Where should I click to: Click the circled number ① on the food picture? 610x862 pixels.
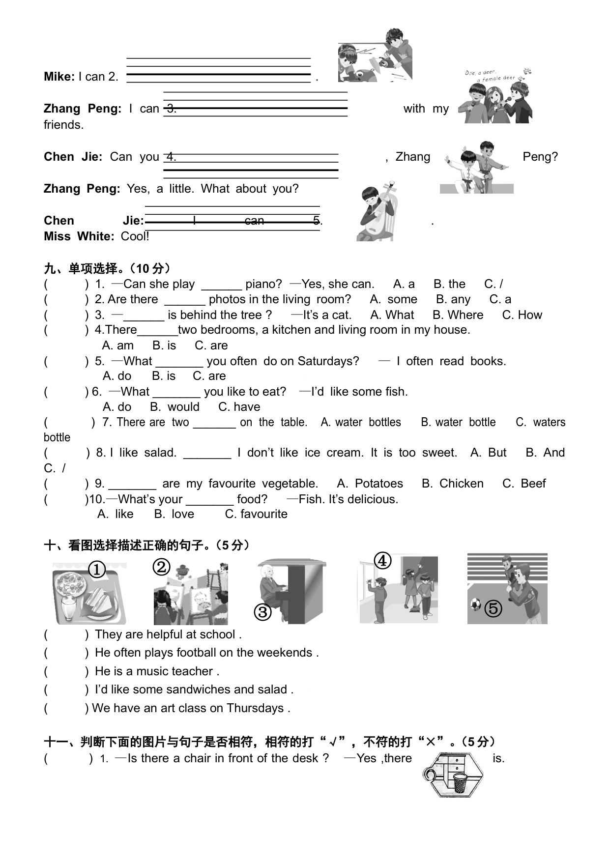97,570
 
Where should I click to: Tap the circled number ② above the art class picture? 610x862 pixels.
161,567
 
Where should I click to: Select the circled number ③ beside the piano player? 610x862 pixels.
262,612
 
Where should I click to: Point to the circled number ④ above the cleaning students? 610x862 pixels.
382,561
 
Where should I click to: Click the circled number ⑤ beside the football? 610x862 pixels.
493,609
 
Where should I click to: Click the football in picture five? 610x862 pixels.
475,604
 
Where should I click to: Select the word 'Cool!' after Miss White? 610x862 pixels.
135,236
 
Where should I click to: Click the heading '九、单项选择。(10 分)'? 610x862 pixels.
108,268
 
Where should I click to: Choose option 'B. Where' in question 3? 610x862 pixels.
458,315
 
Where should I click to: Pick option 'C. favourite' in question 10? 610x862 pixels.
256,514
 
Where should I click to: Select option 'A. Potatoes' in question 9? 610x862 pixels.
370,484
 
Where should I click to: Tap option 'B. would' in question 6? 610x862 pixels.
174,407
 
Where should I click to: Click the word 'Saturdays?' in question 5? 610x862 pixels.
328,361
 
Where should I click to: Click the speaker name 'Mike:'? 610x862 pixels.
59,77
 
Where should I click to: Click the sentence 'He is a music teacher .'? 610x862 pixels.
157,671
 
